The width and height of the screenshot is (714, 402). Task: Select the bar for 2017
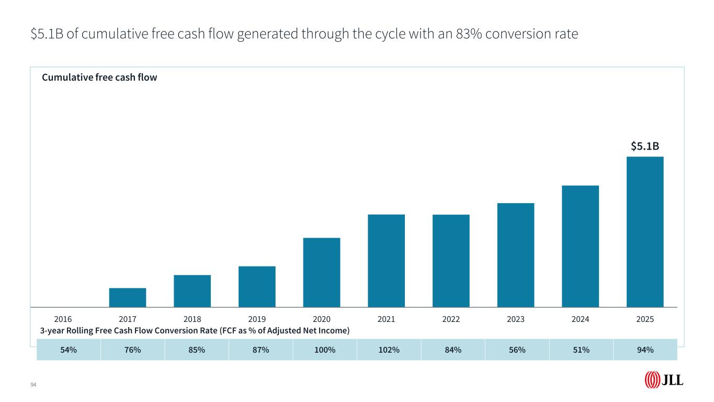point(128,297)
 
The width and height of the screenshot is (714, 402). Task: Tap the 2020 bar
point(322,272)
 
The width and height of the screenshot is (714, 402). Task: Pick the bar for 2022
point(451,261)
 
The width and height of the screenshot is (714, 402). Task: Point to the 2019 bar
point(257,286)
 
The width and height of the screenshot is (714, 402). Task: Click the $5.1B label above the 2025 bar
point(644,147)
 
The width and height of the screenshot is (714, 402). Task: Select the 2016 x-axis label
point(63,318)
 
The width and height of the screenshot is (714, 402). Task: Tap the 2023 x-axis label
point(516,318)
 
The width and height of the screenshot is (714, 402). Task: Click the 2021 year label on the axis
point(386,318)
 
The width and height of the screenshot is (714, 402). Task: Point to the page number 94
point(33,385)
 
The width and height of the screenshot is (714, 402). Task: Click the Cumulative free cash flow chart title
point(99,77)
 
